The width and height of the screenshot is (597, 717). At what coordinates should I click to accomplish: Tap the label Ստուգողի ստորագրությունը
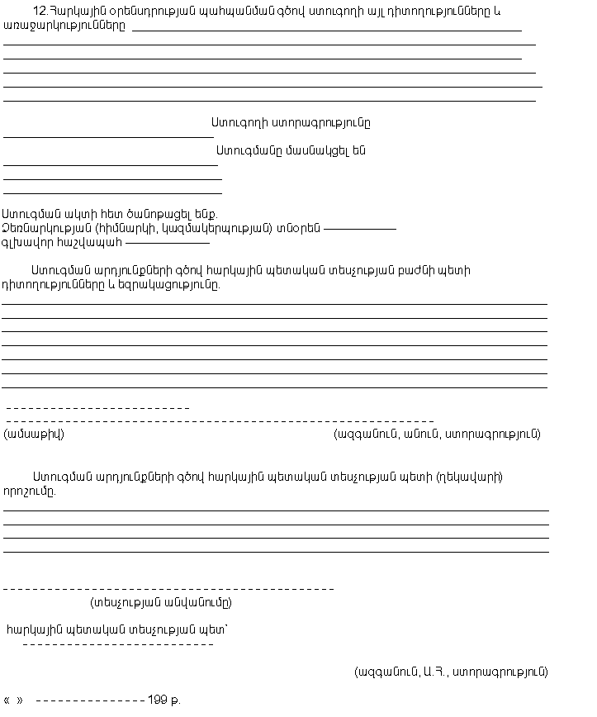(x=291, y=123)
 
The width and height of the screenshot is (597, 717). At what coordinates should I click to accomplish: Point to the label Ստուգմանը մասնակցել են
(x=291, y=151)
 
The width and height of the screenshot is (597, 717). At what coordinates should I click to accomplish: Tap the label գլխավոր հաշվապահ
(x=62, y=243)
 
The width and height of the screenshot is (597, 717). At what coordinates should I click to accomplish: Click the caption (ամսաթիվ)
(x=34, y=434)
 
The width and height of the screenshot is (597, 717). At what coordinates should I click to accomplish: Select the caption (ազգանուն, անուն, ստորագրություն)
(x=437, y=434)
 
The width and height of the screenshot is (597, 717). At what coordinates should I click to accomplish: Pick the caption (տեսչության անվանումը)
(x=160, y=602)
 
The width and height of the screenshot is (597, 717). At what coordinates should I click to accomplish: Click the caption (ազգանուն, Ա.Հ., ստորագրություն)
(x=451, y=672)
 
